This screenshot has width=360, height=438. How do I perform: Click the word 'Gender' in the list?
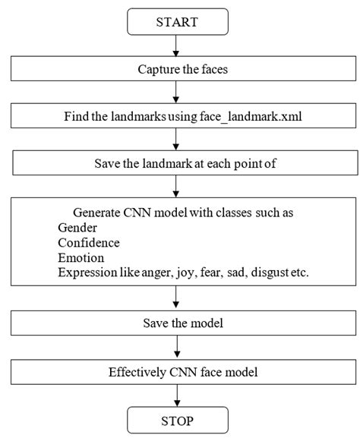[77, 228]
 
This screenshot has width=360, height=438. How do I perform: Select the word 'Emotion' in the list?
[80, 258]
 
